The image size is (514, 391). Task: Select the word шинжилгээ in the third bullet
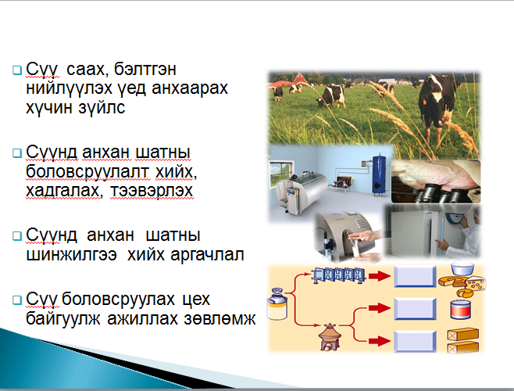point(71,254)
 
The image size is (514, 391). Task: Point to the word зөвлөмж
point(220,318)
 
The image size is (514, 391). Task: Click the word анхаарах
point(190,88)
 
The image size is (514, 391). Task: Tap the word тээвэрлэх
point(151,190)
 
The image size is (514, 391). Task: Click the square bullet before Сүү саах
point(16,70)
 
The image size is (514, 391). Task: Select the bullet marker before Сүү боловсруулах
point(16,300)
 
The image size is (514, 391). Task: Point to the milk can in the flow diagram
point(277,304)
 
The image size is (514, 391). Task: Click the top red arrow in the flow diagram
point(380,276)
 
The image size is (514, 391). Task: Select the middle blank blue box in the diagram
point(415,309)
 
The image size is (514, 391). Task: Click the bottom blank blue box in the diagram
point(415,342)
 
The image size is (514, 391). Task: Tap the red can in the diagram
point(461,309)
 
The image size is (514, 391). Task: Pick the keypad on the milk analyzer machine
point(360,224)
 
